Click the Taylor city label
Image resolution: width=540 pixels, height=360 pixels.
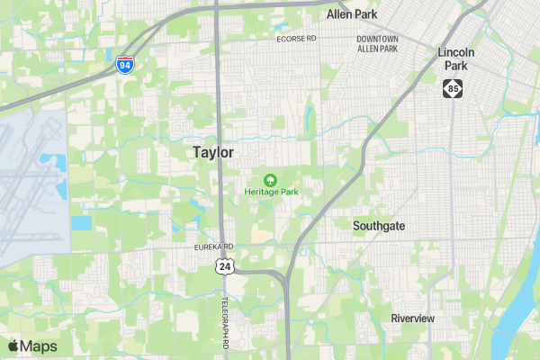(213, 153)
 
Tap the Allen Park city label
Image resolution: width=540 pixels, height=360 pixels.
(352, 14)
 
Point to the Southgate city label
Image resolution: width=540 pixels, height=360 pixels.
(379, 226)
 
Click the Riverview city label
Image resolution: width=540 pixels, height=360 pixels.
(412, 319)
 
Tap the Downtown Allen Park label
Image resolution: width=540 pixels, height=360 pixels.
(376, 43)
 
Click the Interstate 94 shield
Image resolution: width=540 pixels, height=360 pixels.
(126, 65)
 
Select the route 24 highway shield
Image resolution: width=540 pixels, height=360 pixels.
(224, 265)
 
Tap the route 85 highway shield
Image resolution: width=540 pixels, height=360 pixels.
(453, 88)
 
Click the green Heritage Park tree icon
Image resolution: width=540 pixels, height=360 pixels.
(271, 179)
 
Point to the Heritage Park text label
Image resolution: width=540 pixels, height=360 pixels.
(271, 192)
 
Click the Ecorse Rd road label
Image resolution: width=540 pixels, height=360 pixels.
(296, 39)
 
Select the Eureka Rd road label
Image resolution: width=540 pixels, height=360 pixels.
(214, 247)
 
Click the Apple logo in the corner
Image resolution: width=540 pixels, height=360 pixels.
(13, 346)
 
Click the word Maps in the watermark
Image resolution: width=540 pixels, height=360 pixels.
(39, 346)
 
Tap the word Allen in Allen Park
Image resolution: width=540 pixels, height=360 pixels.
(340, 14)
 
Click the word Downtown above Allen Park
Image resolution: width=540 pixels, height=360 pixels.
(376, 39)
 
